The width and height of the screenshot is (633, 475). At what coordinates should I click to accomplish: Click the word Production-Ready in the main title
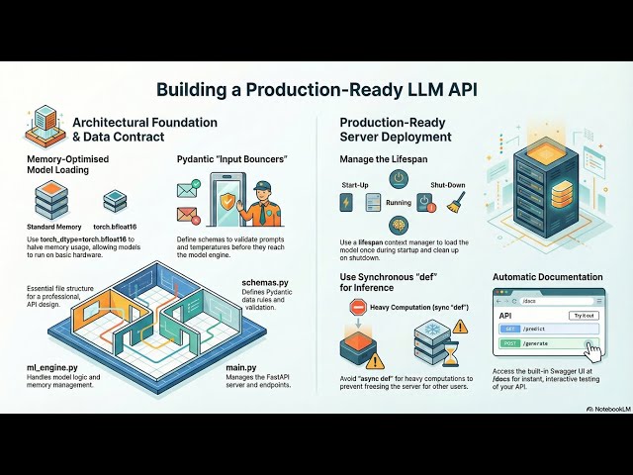coord(336,89)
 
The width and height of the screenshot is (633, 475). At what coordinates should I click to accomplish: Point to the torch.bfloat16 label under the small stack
coord(116,227)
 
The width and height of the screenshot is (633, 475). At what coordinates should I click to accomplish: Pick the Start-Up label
coord(355,185)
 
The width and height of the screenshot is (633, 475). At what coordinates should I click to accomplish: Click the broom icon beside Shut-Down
coord(455,205)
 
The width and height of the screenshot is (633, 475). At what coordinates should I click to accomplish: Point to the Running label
coord(399,202)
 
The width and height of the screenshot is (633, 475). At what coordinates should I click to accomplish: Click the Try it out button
coord(583,315)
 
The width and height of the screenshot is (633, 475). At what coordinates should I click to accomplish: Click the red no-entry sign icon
coord(359,308)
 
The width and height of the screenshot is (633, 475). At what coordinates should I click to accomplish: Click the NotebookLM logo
coord(601,407)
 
